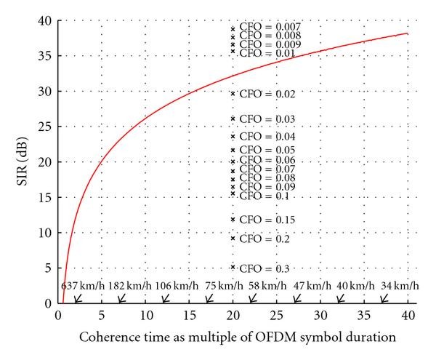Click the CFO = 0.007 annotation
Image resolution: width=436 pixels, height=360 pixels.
coord(259,27)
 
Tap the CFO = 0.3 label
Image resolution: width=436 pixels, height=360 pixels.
coord(259,268)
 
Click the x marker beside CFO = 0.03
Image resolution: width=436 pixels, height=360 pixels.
coord(233,119)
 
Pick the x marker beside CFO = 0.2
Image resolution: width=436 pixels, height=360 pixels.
coord(233,239)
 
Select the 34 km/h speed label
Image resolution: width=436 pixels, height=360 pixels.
coord(398,285)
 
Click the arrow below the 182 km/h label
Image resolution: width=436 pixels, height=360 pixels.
coord(121,298)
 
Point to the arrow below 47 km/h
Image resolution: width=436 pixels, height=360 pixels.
coord(296,298)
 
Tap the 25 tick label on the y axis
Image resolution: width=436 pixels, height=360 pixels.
coord(45,127)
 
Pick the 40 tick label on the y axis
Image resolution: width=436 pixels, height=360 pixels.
coord(45,21)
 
